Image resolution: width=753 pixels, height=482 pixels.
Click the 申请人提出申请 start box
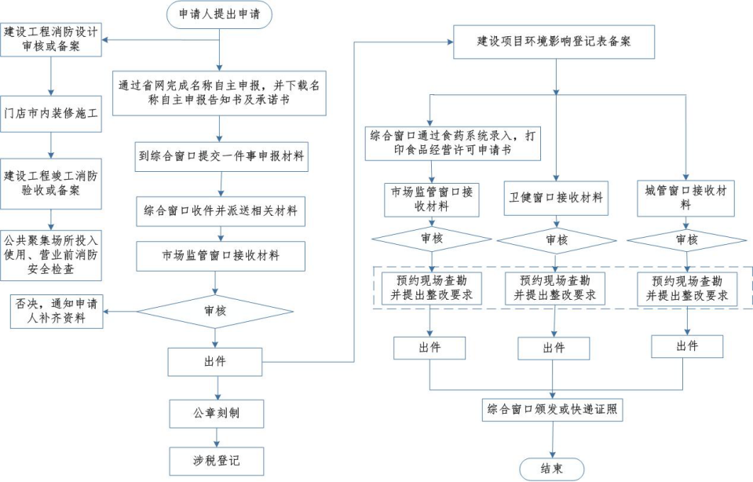click(x=220, y=14)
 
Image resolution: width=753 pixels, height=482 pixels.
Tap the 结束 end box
click(x=552, y=469)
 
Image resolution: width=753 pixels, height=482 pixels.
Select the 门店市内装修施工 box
click(x=52, y=113)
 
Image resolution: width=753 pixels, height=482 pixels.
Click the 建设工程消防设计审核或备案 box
click(x=52, y=39)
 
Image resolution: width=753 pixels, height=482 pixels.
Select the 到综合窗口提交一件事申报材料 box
click(x=220, y=156)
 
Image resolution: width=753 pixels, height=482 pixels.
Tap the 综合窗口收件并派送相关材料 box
click(x=220, y=210)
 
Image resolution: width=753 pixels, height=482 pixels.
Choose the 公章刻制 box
click(x=215, y=412)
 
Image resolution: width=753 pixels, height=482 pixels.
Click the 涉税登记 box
click(x=215, y=460)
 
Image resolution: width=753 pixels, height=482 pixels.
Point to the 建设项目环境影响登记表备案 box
click(x=554, y=41)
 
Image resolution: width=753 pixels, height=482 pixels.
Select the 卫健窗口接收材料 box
click(x=556, y=198)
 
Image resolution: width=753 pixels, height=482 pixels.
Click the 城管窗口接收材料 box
click(x=685, y=198)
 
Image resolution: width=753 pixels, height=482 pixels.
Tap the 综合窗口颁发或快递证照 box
click(x=552, y=409)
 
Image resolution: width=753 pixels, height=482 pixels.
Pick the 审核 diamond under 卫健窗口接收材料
click(x=556, y=240)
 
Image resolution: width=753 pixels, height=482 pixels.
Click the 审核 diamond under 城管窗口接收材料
click(x=685, y=240)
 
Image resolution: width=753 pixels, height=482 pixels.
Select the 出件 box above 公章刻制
click(x=214, y=362)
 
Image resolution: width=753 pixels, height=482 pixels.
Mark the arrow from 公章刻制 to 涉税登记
click(x=215, y=436)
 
